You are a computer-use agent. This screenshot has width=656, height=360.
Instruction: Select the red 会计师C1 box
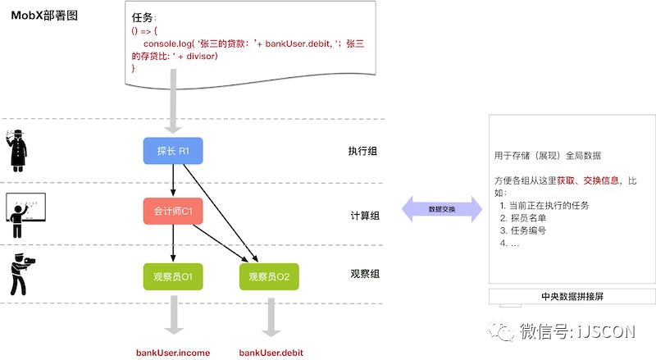[x=173, y=211]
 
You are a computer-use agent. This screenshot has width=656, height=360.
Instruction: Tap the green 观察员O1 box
[x=173, y=276]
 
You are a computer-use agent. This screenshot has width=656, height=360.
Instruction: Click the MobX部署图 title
[x=44, y=15]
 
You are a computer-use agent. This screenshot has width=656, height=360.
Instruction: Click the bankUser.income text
[x=173, y=353]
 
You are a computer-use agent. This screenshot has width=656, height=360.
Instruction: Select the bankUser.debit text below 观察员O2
[x=271, y=353]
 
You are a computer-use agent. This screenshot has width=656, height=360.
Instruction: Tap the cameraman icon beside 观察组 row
[x=21, y=274]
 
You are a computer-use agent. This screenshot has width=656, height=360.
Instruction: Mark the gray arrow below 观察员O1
[x=173, y=314]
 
